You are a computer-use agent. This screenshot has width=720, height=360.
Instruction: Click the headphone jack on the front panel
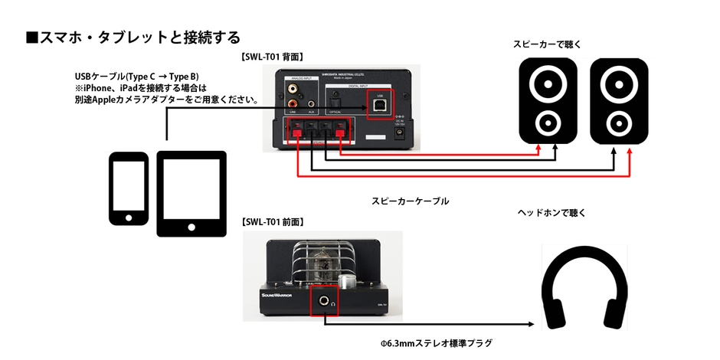[325, 302]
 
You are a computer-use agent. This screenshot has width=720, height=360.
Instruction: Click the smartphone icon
[128, 189]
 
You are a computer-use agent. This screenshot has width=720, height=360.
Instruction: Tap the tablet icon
[191, 192]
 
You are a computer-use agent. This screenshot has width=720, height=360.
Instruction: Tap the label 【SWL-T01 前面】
[272, 221]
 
